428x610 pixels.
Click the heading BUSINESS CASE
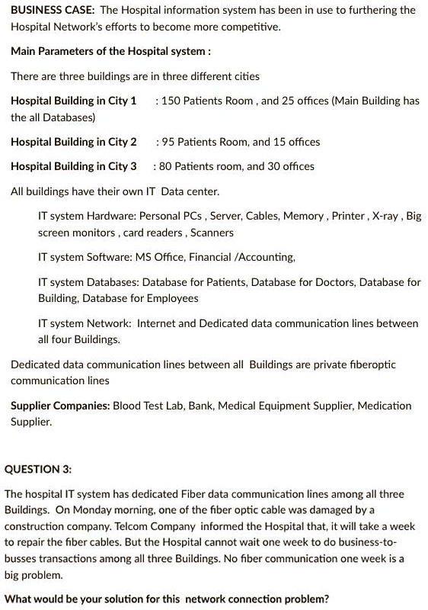(x=52, y=10)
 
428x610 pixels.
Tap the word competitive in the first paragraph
(x=228, y=27)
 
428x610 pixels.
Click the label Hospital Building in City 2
(x=74, y=142)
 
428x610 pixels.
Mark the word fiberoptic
(x=369, y=364)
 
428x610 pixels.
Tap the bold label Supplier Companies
(x=60, y=406)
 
